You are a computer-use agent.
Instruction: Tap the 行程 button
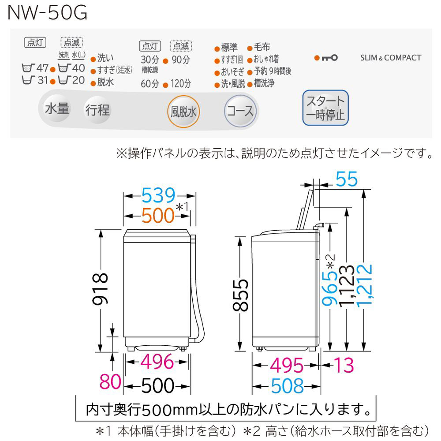coord(97,109)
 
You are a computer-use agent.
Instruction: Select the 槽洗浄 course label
coord(264,83)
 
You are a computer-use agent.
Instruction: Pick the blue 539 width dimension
coord(158,195)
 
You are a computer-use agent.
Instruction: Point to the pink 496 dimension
coord(157,363)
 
